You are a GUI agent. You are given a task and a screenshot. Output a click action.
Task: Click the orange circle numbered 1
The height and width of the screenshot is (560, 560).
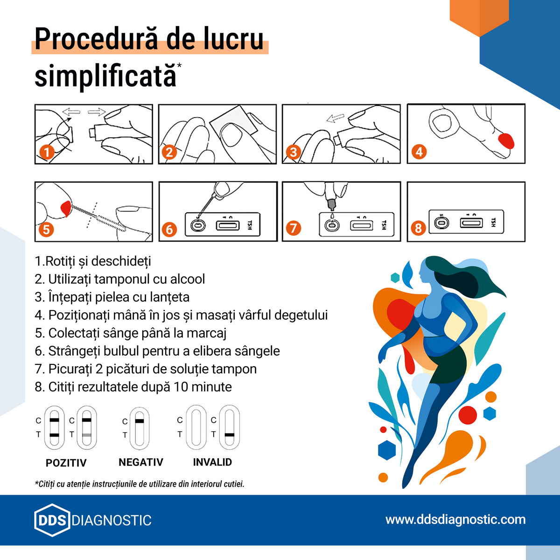[47, 152]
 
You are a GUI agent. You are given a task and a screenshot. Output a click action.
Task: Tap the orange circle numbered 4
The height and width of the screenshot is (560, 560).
[419, 151]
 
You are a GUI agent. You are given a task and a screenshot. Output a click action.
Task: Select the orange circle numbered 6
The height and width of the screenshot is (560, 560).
[169, 230]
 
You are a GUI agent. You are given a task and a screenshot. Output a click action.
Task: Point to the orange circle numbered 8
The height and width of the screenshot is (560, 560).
[418, 228]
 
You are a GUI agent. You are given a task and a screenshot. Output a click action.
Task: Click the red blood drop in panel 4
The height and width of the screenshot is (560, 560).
[506, 141]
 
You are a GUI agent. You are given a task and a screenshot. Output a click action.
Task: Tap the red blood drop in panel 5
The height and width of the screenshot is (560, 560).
[66, 208]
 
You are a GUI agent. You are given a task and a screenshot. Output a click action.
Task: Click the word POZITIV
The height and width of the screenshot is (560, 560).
[66, 463]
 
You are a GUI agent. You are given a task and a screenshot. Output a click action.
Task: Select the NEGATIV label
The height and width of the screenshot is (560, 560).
[141, 462]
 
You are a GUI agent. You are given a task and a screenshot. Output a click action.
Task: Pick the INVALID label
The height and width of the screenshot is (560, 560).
[212, 462]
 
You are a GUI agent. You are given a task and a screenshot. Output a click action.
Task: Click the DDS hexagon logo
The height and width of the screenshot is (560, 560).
[52, 520]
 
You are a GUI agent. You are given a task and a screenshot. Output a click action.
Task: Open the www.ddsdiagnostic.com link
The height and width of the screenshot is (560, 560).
[455, 519]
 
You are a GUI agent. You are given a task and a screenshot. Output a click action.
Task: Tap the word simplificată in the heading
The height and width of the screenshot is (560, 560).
[105, 76]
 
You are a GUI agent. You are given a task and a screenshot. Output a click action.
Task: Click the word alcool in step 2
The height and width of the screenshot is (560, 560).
[188, 279]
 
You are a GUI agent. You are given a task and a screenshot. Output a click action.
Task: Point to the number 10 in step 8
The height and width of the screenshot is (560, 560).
[181, 387]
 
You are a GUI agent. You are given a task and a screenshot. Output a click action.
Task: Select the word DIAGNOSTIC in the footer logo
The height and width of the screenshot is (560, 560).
[112, 520]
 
